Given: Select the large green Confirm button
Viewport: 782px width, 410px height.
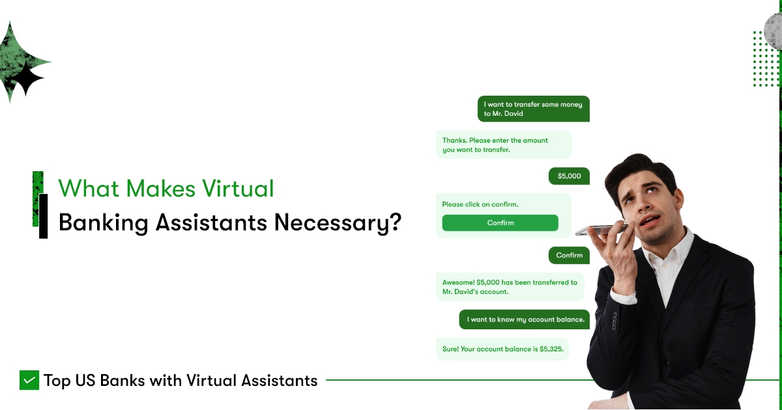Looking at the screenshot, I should pos(500,223).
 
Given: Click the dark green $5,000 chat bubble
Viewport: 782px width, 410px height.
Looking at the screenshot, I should pos(569,176).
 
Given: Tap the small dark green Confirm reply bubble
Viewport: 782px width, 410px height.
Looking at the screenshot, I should pos(569,255).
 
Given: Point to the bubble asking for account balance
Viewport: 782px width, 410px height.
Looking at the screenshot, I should pos(525,320).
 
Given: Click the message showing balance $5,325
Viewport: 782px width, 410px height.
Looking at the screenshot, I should pos(502,349).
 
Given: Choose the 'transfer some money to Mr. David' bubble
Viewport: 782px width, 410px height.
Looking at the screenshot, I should pos(533,109).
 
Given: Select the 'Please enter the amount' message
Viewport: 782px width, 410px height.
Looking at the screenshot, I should pos(502,144).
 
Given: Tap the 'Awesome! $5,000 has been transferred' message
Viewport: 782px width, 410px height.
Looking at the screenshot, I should pos(510,287).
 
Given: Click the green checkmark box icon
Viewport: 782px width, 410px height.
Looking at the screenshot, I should pos(29,380).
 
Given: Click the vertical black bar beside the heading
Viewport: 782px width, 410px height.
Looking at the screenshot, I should pos(43,216).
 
